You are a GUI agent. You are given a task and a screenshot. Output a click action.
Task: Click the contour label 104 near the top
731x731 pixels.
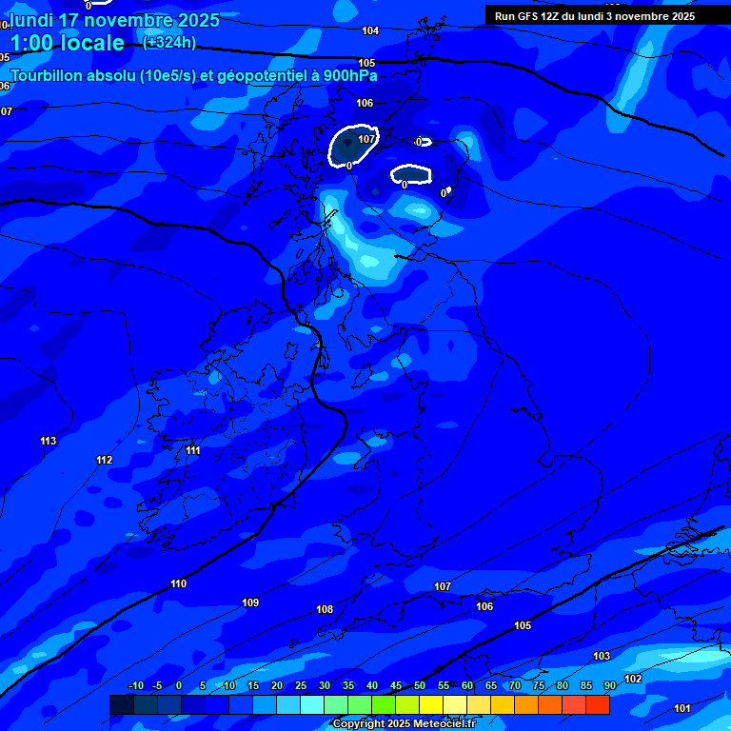pyautogui.click(x=370, y=31)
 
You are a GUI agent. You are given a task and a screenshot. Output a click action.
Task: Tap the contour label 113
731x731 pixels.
pyautogui.click(x=49, y=441)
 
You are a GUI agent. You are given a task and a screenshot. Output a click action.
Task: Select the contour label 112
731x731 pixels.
pyautogui.click(x=105, y=461)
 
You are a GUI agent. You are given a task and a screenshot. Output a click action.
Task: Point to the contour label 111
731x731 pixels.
pyautogui.click(x=193, y=450)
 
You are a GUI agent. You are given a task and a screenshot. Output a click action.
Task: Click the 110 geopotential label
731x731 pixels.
pyautogui.click(x=179, y=583)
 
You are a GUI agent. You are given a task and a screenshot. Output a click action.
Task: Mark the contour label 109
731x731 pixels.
pyautogui.click(x=250, y=603)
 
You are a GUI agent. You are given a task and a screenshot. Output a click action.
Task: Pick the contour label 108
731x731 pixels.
pyautogui.click(x=325, y=609)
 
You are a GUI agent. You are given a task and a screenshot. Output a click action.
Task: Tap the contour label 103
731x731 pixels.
pyautogui.click(x=602, y=657)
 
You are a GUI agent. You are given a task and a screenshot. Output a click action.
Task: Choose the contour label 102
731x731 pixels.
pyautogui.click(x=633, y=679)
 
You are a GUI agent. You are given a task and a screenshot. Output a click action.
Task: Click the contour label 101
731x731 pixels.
pyautogui.click(x=682, y=708)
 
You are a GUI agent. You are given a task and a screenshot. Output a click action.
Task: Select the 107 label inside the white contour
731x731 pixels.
pyautogui.click(x=366, y=139)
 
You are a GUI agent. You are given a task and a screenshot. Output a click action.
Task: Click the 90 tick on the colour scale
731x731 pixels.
pyautogui.click(x=610, y=686)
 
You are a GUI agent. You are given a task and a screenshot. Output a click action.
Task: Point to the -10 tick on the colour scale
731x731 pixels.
pyautogui.click(x=135, y=686)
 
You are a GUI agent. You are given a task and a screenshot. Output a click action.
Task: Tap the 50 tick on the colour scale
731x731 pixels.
pyautogui.click(x=420, y=686)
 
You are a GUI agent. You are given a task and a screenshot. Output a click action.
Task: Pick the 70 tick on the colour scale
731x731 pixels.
pyautogui.click(x=515, y=686)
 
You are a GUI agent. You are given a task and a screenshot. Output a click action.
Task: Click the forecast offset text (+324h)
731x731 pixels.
pyautogui.click(x=168, y=43)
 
